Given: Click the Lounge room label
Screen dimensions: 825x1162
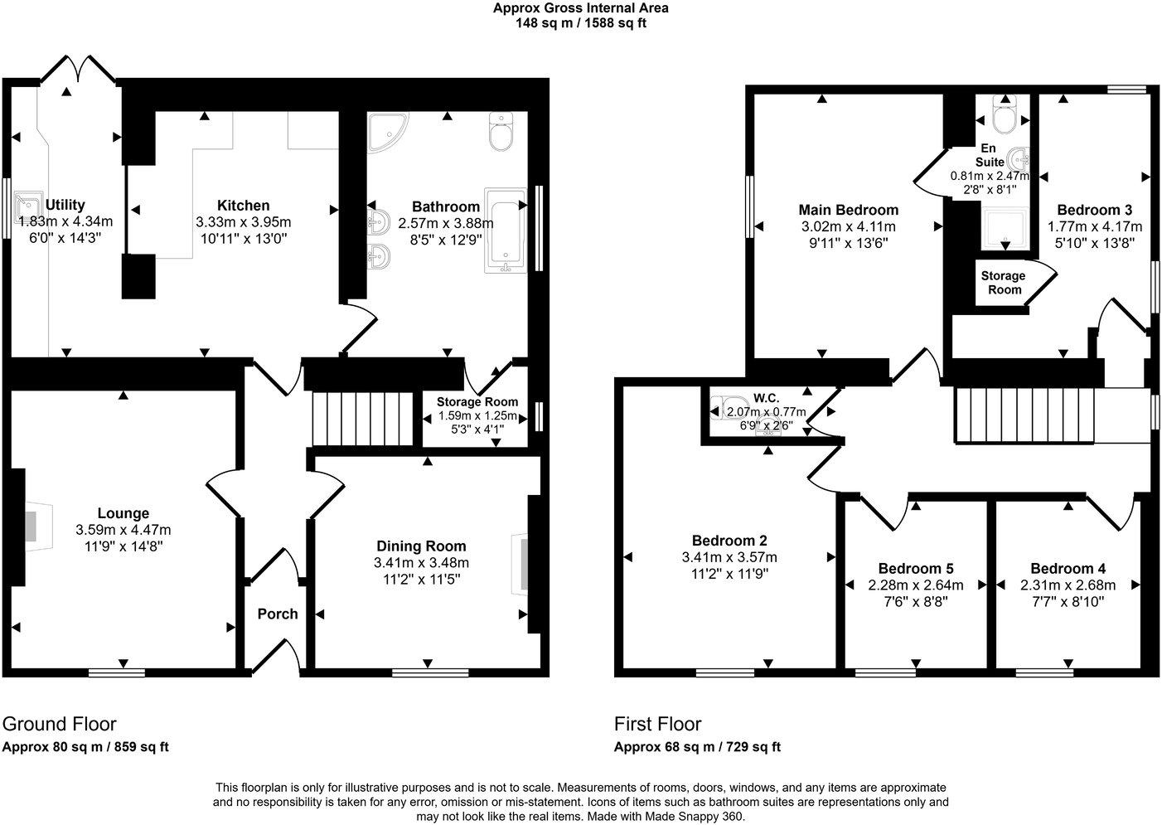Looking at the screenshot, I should coord(123,513).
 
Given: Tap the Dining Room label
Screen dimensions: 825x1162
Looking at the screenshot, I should coord(421,546).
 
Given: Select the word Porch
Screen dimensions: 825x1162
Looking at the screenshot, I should coord(277,614).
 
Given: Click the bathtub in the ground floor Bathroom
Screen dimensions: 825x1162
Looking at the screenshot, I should coord(505,230).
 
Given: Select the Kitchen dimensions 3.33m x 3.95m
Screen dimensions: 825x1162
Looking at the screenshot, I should coord(243,222).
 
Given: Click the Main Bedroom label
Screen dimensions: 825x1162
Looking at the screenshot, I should coord(848,210).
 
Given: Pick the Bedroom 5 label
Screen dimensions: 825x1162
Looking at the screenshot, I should coord(916,568).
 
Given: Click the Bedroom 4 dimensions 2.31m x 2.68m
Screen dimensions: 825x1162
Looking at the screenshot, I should coord(1068,585).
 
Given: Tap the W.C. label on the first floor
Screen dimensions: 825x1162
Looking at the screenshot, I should coord(766,398).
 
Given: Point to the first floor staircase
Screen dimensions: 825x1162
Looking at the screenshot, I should coord(1024,415).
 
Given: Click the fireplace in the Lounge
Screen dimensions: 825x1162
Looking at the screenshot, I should coord(31,526).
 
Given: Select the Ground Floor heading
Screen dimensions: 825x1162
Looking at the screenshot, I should coord(60,724).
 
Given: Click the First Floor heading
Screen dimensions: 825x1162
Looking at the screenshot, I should coord(657,724).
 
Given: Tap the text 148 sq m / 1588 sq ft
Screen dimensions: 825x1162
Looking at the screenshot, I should coord(580,23).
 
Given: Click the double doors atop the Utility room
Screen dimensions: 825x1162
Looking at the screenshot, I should coord(79,70).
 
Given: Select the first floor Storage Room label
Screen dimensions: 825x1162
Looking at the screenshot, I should coord(1003,283).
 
